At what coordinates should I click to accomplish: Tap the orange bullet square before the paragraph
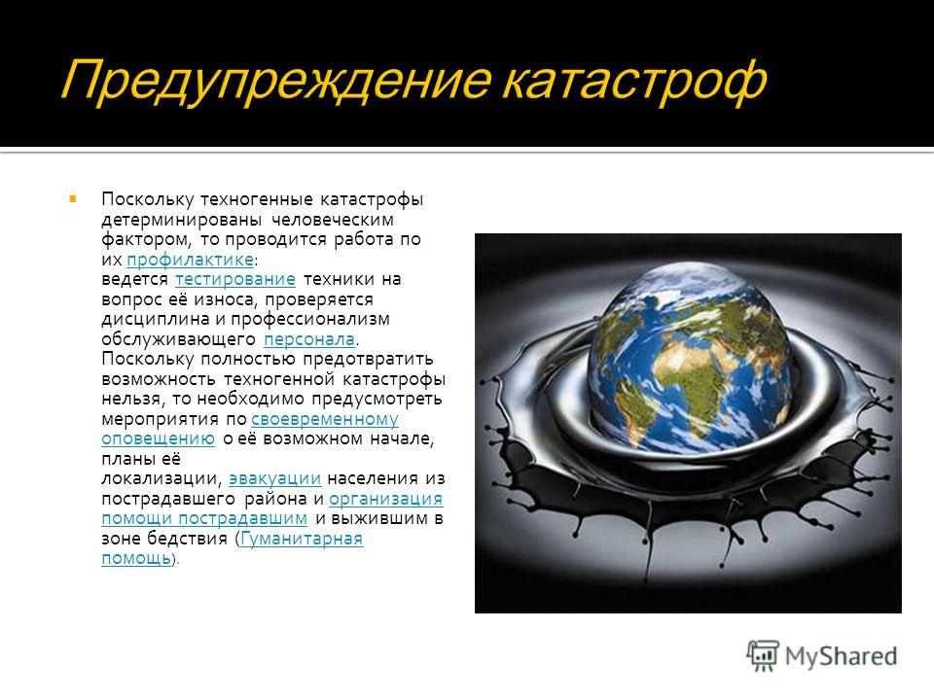(73, 198)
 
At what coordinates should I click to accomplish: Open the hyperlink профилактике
(190, 260)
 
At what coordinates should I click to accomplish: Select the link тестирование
(235, 279)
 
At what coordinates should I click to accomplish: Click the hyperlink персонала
(309, 339)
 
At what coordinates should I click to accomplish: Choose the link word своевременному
(325, 419)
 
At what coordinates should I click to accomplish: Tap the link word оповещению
(158, 438)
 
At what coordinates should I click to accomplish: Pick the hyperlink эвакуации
(274, 478)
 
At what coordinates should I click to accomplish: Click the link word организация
(386, 499)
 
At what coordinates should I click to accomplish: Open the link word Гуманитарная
(302, 539)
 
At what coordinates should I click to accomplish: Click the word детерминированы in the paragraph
(181, 220)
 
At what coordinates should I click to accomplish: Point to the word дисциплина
(156, 319)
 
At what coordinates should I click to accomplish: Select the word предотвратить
(368, 359)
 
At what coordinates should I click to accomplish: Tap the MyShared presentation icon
(763, 656)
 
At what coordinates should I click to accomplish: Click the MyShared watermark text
(841, 656)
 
